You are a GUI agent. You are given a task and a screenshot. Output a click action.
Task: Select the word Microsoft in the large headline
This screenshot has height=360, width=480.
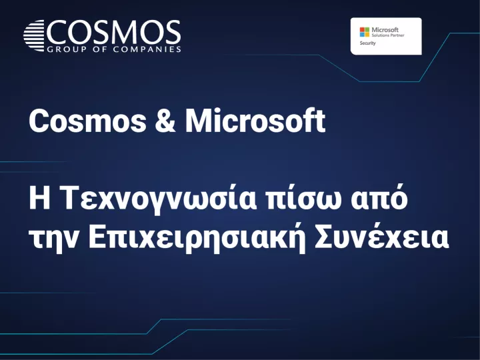tap(255, 121)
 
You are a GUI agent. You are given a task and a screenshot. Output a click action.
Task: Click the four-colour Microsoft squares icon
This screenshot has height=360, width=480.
tap(365, 31)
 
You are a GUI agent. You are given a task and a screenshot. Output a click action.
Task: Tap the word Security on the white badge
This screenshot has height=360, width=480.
tap(368, 43)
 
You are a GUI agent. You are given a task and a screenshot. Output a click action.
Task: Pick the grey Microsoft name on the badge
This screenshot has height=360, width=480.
tap(384, 29)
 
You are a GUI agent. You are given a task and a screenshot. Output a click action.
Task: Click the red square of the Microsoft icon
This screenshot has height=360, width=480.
tap(363, 29)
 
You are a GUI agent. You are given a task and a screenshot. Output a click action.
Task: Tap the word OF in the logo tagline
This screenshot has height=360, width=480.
tap(96, 49)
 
